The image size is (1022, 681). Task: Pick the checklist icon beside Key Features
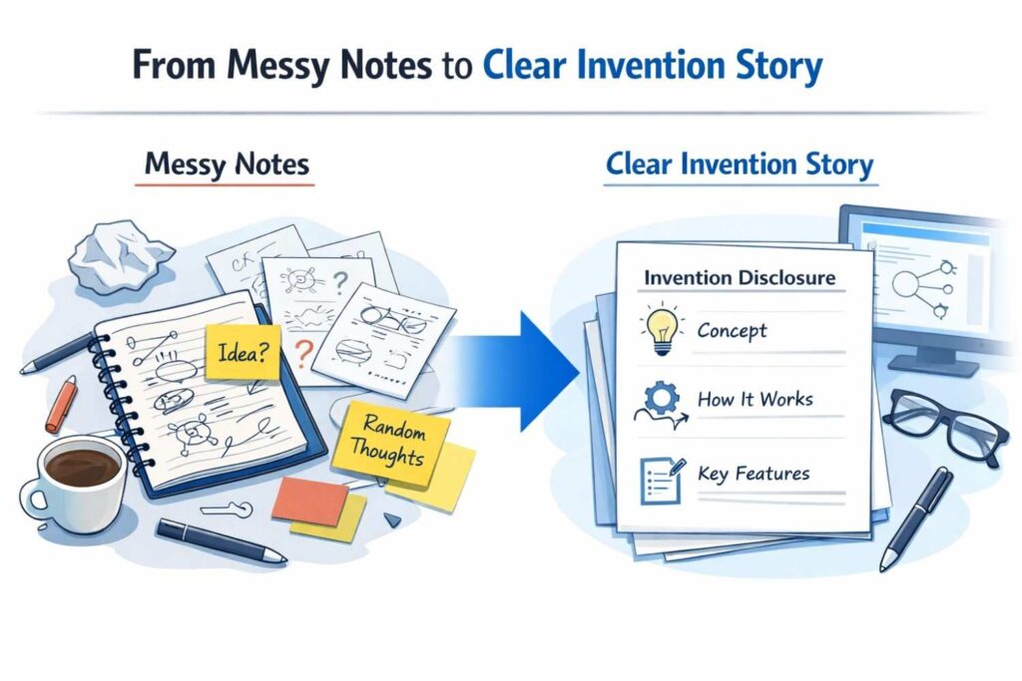(658, 475)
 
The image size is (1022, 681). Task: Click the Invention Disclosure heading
(740, 277)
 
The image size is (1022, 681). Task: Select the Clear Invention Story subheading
(740, 164)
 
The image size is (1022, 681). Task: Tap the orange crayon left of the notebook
(61, 403)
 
